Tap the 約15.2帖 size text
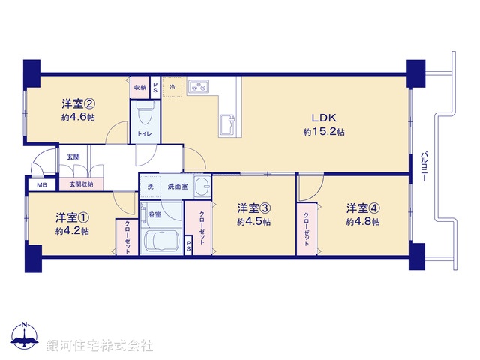324,132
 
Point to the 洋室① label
72,217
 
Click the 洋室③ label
253,208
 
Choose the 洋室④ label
362,208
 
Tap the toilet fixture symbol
145,115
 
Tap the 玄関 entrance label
73,157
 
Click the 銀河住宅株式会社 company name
99,346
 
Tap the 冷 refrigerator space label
172,87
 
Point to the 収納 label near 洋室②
140,87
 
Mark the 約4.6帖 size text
78,118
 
